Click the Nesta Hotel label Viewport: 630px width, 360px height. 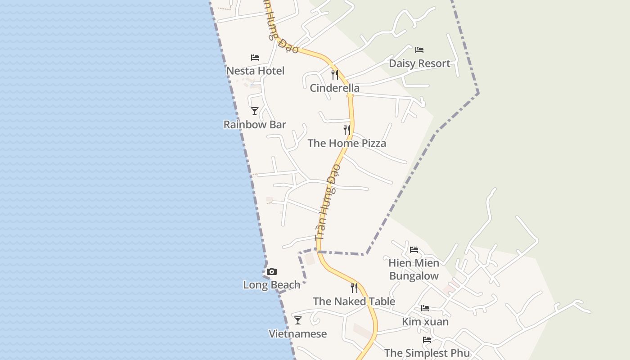255,71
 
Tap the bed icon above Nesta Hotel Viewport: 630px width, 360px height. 255,58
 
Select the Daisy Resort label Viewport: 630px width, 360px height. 419,63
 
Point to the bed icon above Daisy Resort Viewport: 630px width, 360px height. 419,49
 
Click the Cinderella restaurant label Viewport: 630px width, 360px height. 334,88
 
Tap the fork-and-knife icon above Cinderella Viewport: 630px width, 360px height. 334,74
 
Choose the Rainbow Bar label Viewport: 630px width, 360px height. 255,125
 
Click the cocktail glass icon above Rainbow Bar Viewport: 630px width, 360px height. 255,111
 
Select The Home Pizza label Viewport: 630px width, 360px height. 346,144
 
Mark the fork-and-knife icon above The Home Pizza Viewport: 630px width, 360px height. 346,130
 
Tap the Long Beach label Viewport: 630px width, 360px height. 271,285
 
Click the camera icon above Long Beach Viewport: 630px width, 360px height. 271,271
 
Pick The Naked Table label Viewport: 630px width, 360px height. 354,301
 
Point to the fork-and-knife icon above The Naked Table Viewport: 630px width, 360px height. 354,288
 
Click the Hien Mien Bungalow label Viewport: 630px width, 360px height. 414,269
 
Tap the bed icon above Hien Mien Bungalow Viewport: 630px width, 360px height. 414,249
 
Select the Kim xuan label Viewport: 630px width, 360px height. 425,322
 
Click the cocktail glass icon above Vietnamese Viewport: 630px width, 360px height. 297,320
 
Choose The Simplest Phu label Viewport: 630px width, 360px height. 427,353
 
